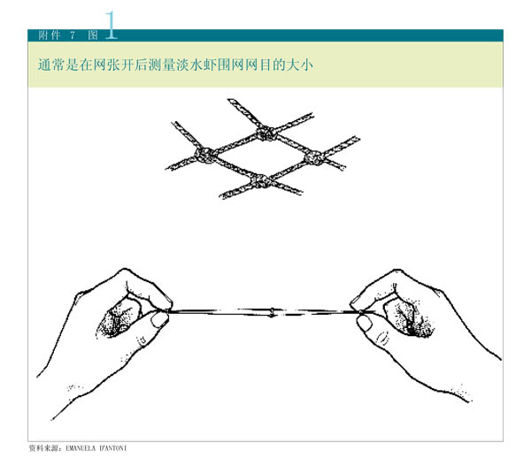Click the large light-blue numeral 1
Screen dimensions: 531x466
click(111, 25)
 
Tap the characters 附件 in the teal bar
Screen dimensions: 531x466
click(50, 35)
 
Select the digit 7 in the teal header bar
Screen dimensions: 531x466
click(73, 35)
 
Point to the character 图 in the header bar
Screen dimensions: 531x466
click(93, 35)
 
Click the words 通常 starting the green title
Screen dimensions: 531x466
click(51, 65)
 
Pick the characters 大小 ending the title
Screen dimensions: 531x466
click(300, 65)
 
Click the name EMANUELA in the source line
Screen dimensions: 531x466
click(81, 448)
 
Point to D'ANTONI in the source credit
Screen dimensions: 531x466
click(113, 448)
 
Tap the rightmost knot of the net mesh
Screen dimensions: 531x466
click(314, 157)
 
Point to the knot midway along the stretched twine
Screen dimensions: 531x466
click(272, 312)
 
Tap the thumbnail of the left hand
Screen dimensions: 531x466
click(159, 319)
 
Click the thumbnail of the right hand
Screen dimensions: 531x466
click(365, 323)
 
